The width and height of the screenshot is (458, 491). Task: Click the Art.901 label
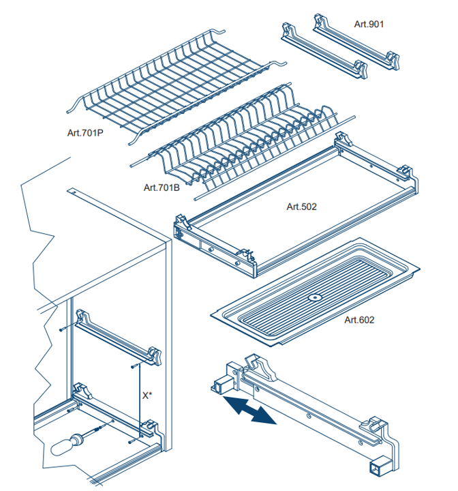click(x=369, y=24)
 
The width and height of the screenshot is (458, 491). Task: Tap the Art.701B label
click(x=162, y=187)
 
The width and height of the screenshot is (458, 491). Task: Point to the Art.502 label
click(x=301, y=206)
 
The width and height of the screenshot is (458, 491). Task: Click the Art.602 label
click(x=359, y=319)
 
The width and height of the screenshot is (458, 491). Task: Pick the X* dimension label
click(x=147, y=395)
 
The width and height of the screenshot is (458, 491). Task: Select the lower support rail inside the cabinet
click(x=112, y=410)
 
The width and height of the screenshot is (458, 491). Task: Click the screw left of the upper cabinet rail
click(x=63, y=329)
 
